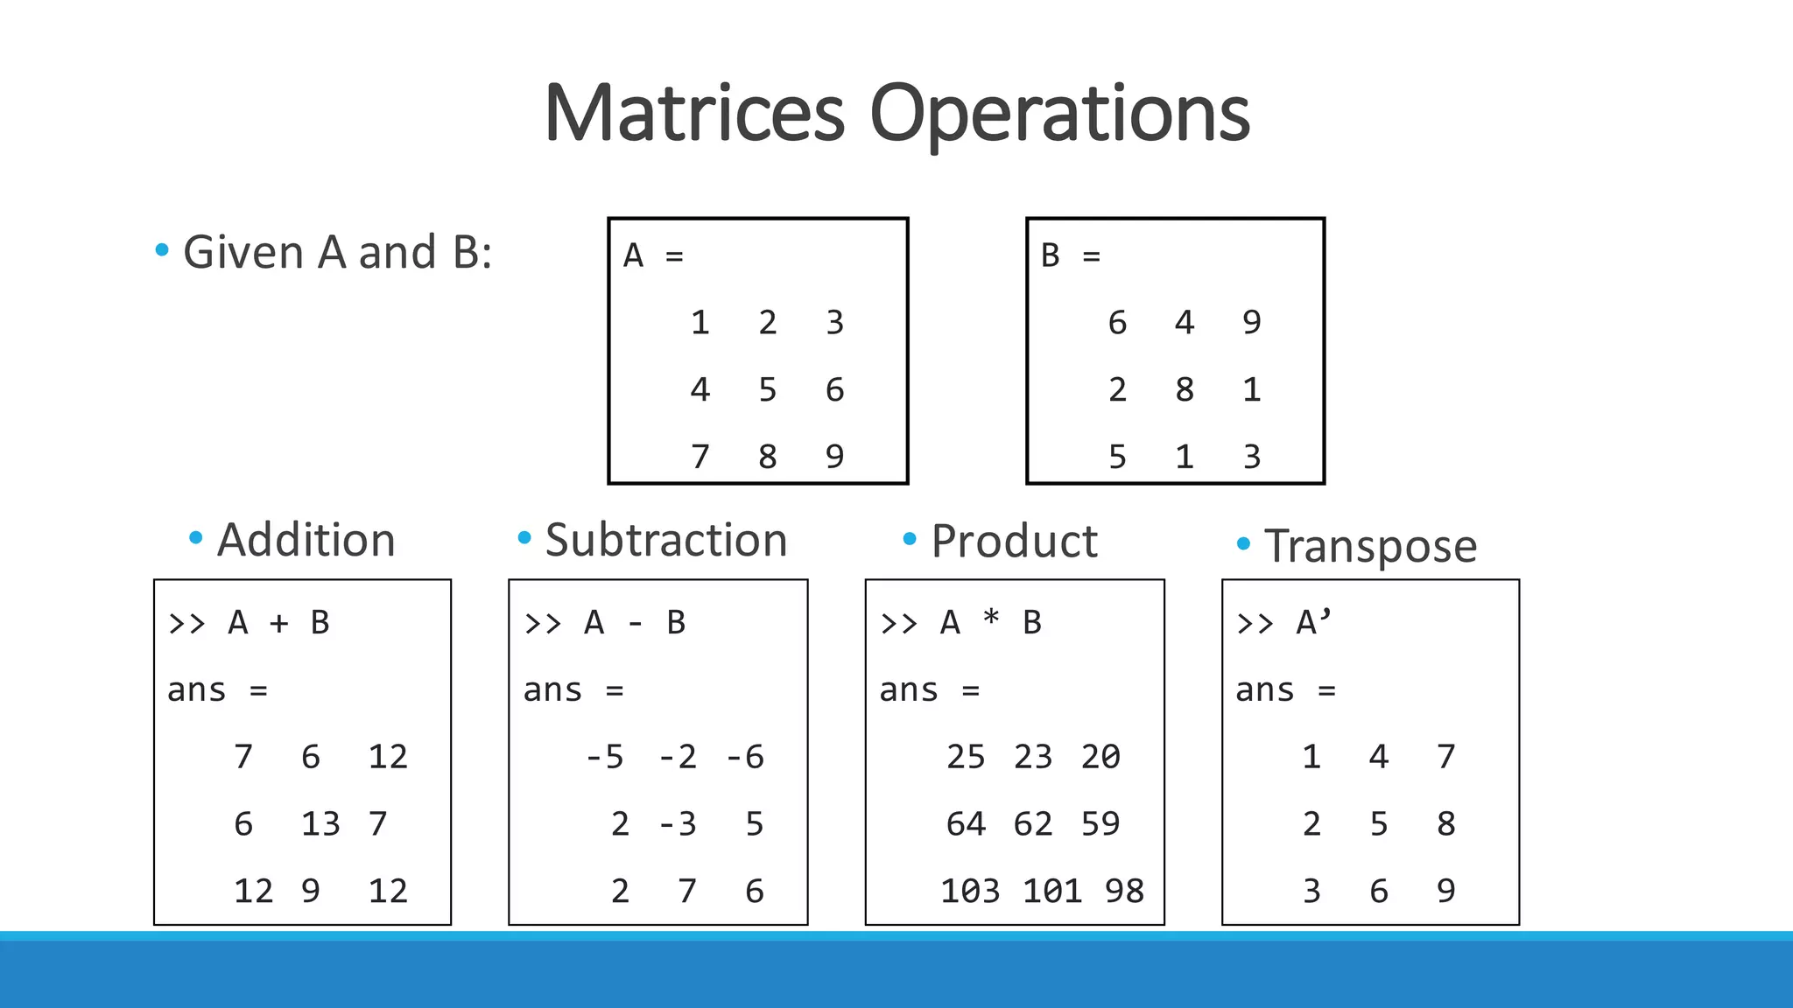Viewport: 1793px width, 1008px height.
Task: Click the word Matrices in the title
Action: [x=693, y=114]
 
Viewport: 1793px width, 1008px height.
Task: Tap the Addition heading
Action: [x=306, y=540]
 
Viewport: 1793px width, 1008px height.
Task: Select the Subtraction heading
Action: [x=665, y=540]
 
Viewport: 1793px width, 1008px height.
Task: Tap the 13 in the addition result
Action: [x=320, y=824]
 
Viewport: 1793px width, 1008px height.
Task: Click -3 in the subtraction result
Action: [x=678, y=824]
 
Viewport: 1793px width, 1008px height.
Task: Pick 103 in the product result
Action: [x=970, y=892]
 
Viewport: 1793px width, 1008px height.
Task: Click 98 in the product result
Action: [x=1124, y=892]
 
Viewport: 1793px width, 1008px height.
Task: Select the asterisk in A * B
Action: [x=991, y=619]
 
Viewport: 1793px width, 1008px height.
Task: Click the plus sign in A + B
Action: [x=278, y=623]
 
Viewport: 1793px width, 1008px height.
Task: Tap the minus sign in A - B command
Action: [x=635, y=623]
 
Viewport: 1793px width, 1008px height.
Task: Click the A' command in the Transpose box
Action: [x=1313, y=623]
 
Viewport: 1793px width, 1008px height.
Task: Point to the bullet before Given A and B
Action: [x=162, y=251]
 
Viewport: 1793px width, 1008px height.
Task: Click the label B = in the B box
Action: [x=1070, y=256]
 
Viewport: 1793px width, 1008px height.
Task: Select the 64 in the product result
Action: [x=966, y=824]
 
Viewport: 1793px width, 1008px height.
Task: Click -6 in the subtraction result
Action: [x=745, y=757]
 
